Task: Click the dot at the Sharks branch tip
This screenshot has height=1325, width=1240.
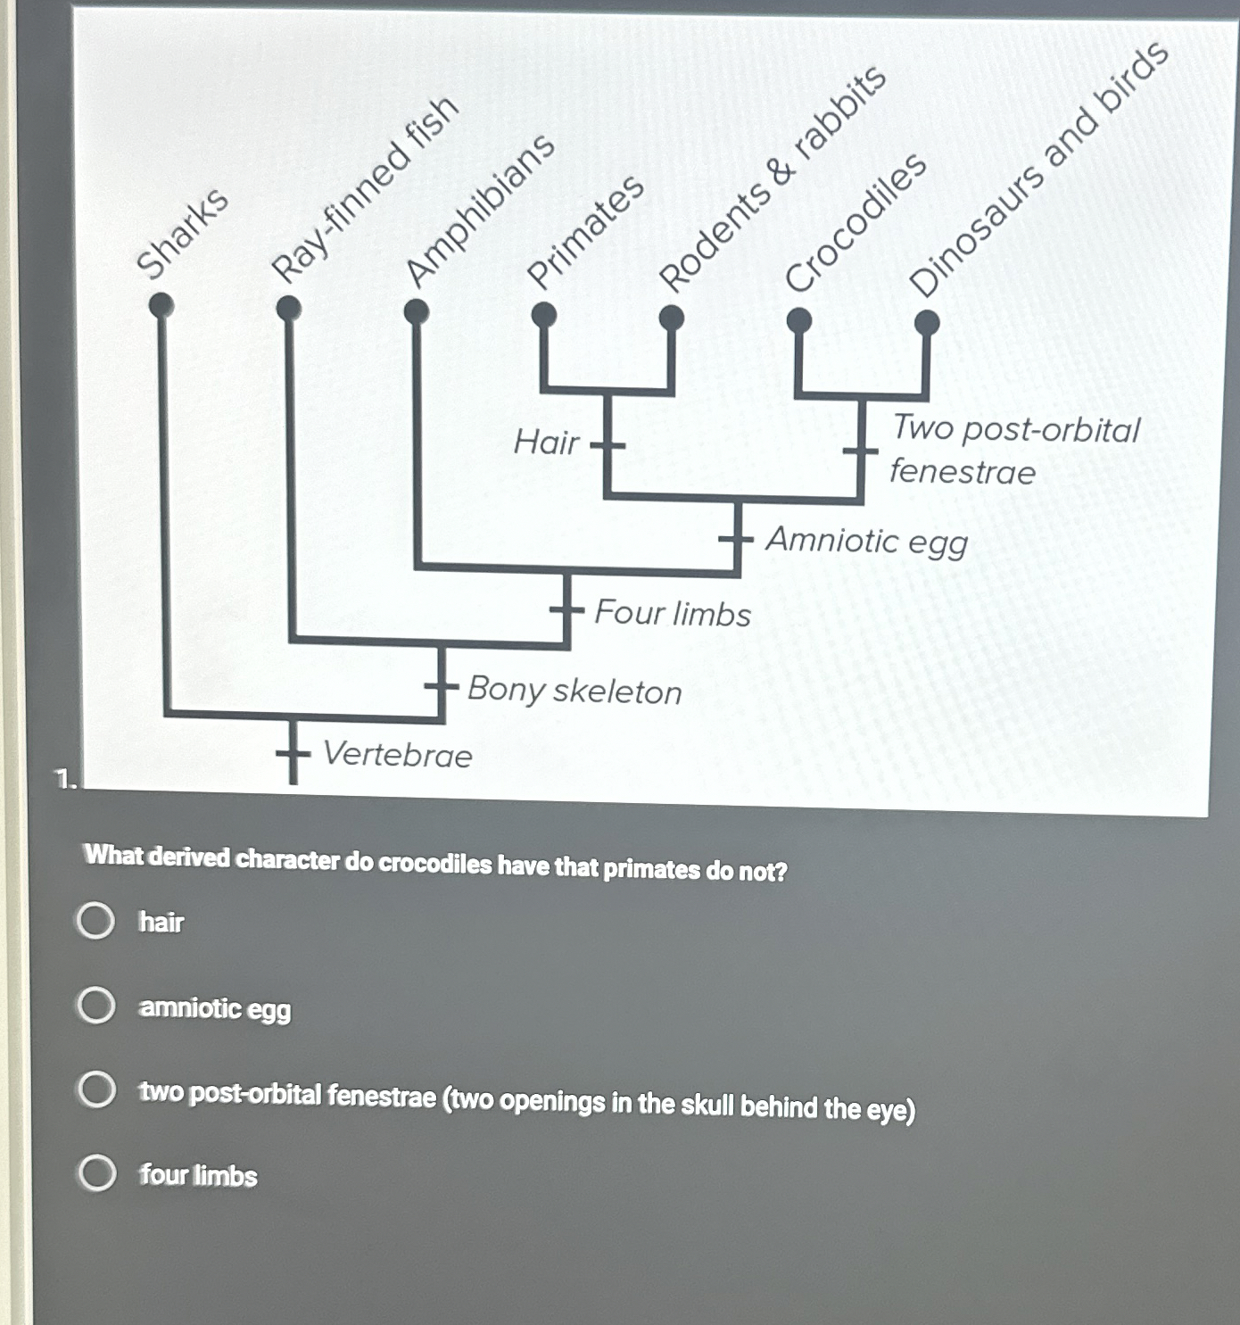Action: click(x=161, y=306)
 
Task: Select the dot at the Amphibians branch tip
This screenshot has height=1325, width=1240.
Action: click(x=416, y=311)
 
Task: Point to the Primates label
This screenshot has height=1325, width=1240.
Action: click(x=585, y=232)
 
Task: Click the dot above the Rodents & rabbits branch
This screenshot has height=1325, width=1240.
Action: click(x=671, y=318)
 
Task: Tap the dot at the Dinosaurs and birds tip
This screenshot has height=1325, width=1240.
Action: click(x=927, y=322)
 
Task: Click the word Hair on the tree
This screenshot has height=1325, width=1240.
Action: click(x=546, y=442)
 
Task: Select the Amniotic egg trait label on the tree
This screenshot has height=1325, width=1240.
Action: click(x=866, y=541)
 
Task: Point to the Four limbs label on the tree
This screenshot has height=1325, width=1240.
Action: click(x=673, y=614)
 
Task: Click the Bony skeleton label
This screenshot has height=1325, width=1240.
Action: click(x=575, y=691)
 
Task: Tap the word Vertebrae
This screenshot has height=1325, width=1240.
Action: click(x=397, y=755)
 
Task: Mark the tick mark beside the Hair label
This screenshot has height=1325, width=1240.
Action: click(x=608, y=443)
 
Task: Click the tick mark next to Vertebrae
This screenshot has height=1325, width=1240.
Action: click(x=293, y=754)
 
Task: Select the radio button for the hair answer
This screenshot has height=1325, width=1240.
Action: click(x=95, y=921)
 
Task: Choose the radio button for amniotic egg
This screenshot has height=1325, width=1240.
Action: click(x=95, y=1006)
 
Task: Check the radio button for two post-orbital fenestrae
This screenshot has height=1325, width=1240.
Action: click(x=95, y=1090)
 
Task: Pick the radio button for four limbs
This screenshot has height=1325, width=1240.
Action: click(x=96, y=1173)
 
